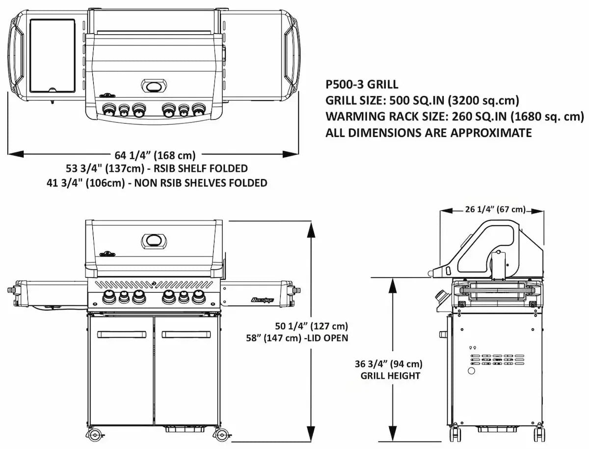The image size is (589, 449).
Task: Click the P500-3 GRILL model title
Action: point(362,84)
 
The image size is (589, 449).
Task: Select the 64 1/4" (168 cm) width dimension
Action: point(155,156)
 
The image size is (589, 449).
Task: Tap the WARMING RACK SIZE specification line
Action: point(455,117)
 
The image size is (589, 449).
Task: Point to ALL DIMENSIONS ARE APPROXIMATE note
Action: point(428,133)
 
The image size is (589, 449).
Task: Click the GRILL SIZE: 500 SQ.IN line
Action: point(422,101)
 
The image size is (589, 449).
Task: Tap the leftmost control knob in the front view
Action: point(107,296)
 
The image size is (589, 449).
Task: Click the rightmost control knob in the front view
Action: point(199,296)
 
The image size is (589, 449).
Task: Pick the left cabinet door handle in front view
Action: point(121,334)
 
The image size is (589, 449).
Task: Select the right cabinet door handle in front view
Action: point(186,334)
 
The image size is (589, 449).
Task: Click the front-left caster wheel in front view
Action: point(97,434)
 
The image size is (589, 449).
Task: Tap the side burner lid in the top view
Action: point(52,56)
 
